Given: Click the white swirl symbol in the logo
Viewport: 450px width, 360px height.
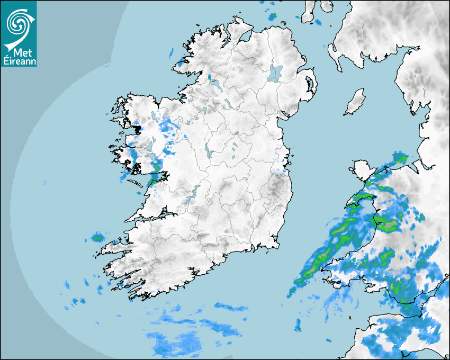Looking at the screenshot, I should point(19,23).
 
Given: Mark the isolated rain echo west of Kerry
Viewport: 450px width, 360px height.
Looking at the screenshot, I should point(97,237).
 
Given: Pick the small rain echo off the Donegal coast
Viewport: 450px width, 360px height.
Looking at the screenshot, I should point(171,52).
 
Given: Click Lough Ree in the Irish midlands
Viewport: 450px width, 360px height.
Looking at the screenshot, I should point(209,151).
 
